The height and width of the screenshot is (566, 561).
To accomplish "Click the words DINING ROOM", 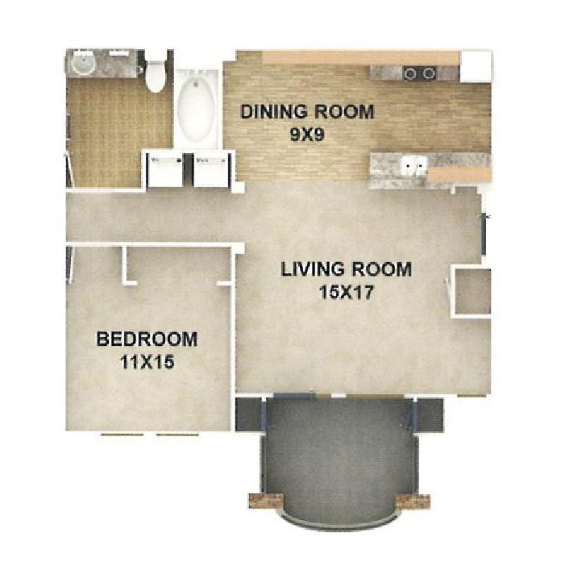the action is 307,111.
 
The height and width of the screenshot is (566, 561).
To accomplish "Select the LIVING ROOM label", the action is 346,269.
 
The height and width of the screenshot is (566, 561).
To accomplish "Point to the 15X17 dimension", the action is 346,293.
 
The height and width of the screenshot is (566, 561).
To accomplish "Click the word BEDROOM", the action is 147,339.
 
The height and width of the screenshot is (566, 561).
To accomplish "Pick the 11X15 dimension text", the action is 147,362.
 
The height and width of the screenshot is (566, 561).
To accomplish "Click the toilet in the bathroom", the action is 155,77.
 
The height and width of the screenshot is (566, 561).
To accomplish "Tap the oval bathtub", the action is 196,110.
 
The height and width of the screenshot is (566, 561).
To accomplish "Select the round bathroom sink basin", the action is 83,64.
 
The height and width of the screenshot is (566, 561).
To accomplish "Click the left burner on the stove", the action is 410,73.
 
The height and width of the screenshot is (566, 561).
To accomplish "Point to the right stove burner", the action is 429,73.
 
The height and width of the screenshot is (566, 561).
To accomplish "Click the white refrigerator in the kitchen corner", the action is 476,66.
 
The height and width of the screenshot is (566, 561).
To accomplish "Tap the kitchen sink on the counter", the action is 414,165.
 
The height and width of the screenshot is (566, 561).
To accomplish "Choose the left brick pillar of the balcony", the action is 266,501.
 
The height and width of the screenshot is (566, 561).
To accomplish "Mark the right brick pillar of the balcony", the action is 413,501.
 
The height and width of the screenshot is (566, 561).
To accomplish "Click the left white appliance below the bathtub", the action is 165,169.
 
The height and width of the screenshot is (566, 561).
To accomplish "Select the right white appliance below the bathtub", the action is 211,169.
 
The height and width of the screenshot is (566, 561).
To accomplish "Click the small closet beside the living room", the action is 472,291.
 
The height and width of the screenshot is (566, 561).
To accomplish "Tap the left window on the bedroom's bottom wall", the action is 122,435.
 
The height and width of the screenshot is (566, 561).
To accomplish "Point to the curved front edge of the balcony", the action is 340,526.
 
